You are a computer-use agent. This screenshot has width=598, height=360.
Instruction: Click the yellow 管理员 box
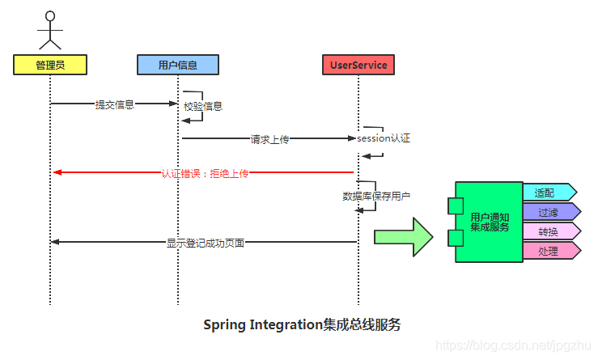pos(49,65)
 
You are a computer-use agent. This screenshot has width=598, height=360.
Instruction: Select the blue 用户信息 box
pos(178,65)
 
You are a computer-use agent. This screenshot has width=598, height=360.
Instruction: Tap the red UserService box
pos(358,65)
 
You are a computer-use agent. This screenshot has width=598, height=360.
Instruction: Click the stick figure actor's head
pos(50,16)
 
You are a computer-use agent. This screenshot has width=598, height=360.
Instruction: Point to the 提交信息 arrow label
pos(115,104)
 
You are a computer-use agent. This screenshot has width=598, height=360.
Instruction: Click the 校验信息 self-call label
pos(203,106)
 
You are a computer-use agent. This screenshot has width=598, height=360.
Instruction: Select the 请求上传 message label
pos(270,139)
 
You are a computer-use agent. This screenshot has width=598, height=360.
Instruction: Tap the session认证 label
pos(384,138)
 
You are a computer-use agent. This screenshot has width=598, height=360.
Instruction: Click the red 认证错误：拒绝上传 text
pos(205,173)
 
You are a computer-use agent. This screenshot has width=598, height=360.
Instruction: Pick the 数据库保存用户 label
pos(376,196)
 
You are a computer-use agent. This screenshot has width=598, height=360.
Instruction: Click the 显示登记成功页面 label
pos(206,242)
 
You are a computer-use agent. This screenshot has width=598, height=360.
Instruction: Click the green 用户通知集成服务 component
pos(490,222)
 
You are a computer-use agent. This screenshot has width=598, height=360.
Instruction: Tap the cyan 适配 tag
pos(549,193)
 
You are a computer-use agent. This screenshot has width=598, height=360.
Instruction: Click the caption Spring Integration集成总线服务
pos(301,325)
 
